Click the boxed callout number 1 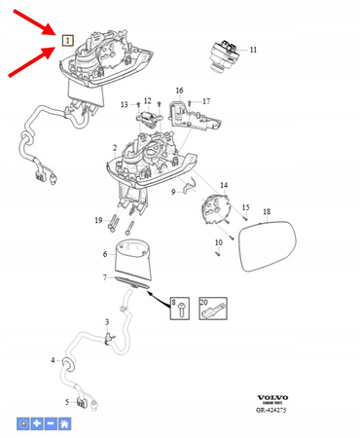(x=67, y=41)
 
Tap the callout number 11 (x=254, y=49)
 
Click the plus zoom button (x=36, y=424)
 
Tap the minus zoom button (x=50, y=424)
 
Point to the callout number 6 (x=105, y=254)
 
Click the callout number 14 (x=224, y=185)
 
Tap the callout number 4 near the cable (x=53, y=360)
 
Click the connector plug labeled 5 (x=87, y=401)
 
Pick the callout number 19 (x=99, y=221)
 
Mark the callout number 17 (x=205, y=101)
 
